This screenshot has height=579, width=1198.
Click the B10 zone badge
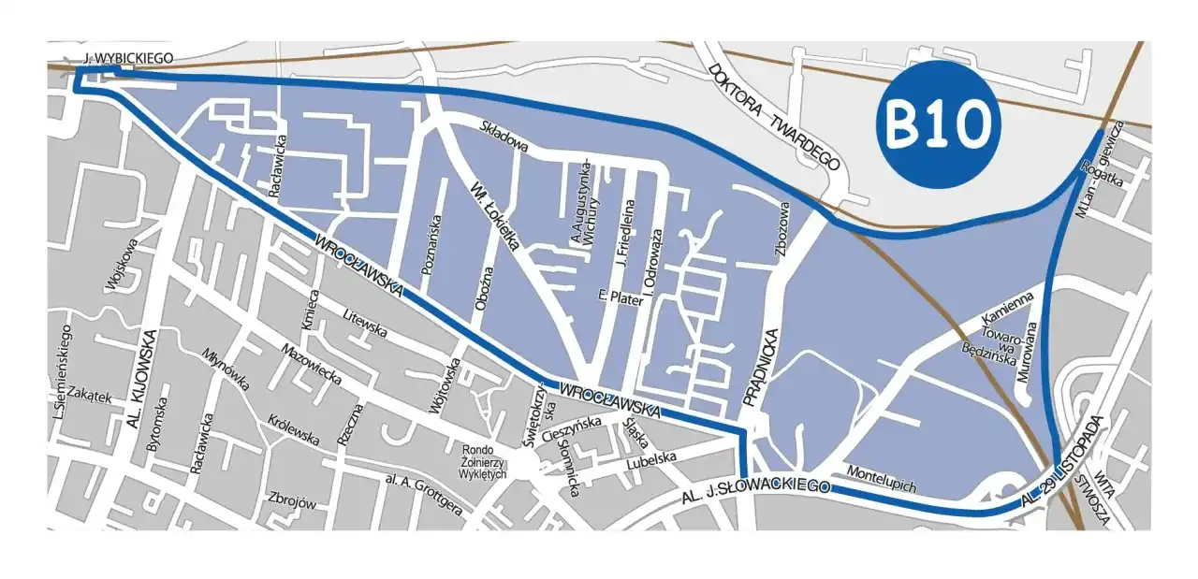point(938,123)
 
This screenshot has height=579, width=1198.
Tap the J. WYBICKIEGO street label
point(129,59)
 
